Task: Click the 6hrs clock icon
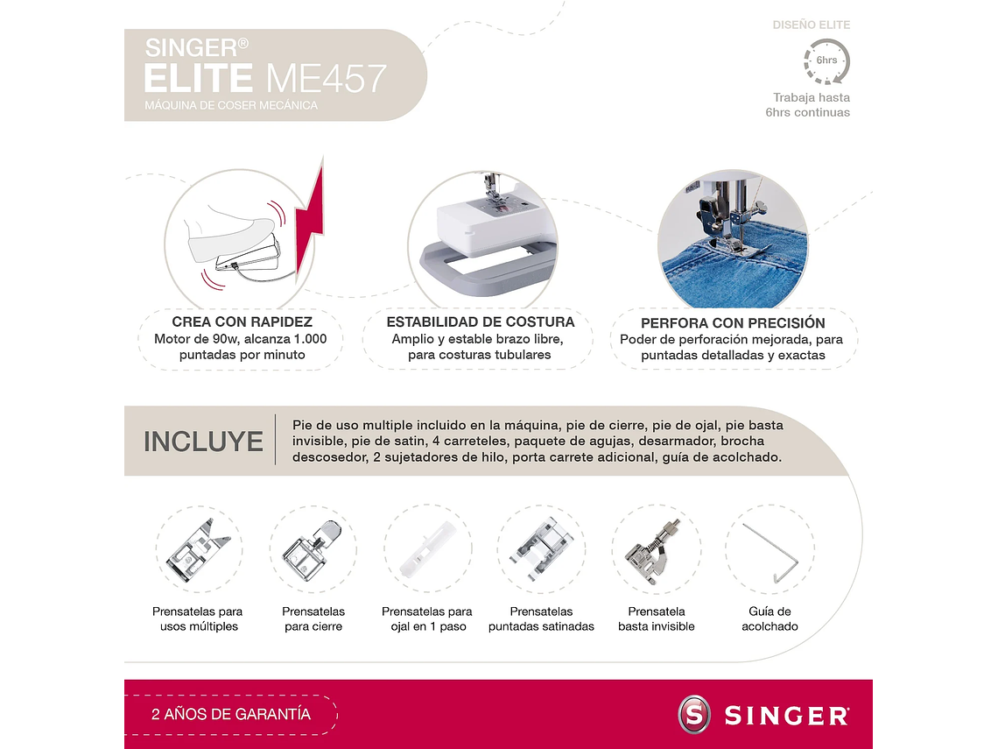[x=826, y=61]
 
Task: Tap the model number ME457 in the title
[x=326, y=79]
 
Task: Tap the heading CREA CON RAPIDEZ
[x=242, y=322]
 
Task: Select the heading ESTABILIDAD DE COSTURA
[x=480, y=322]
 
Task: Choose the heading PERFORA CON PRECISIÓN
[x=733, y=322]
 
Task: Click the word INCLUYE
[x=203, y=442]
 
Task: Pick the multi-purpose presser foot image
[x=199, y=549]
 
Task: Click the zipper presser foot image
[x=313, y=549]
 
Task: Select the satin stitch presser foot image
[x=541, y=549]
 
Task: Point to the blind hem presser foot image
[x=655, y=549]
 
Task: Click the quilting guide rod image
[x=770, y=552]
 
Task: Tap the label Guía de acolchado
[x=770, y=618]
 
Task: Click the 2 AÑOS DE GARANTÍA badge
[x=231, y=714]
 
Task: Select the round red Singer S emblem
[x=695, y=714]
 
